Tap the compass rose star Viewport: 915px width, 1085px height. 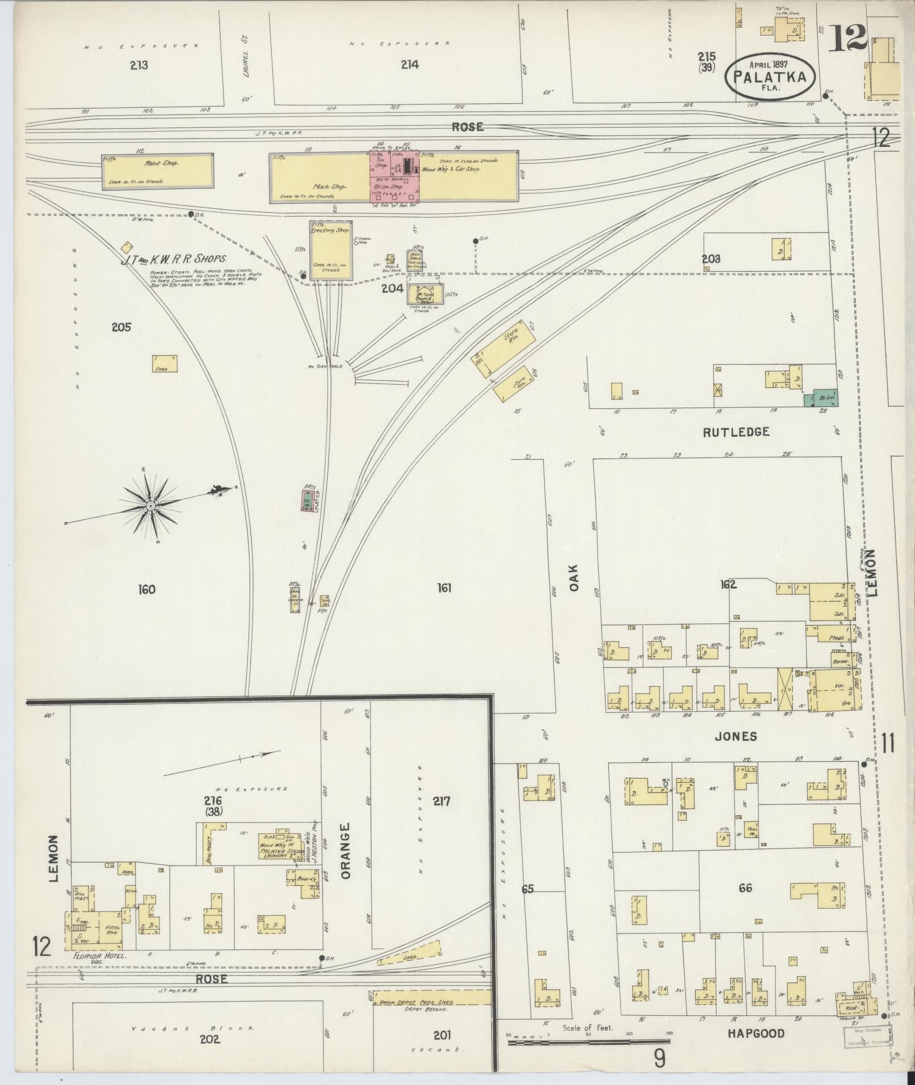click(150, 505)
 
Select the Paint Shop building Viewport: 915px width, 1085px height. click(158, 171)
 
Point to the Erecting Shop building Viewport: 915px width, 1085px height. click(331, 250)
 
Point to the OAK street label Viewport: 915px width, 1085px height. click(574, 578)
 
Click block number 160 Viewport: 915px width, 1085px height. click(146, 590)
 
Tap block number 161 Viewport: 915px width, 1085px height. click(444, 588)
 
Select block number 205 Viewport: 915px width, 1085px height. click(121, 327)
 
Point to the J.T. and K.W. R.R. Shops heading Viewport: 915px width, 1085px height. click(174, 261)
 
